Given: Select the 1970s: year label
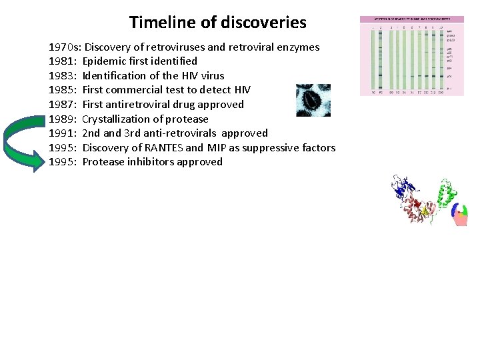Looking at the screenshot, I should pyautogui.click(x=65, y=47).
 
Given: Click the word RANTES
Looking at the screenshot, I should pyautogui.click(x=162, y=148).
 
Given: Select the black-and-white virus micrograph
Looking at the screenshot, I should pyautogui.click(x=313, y=100).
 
